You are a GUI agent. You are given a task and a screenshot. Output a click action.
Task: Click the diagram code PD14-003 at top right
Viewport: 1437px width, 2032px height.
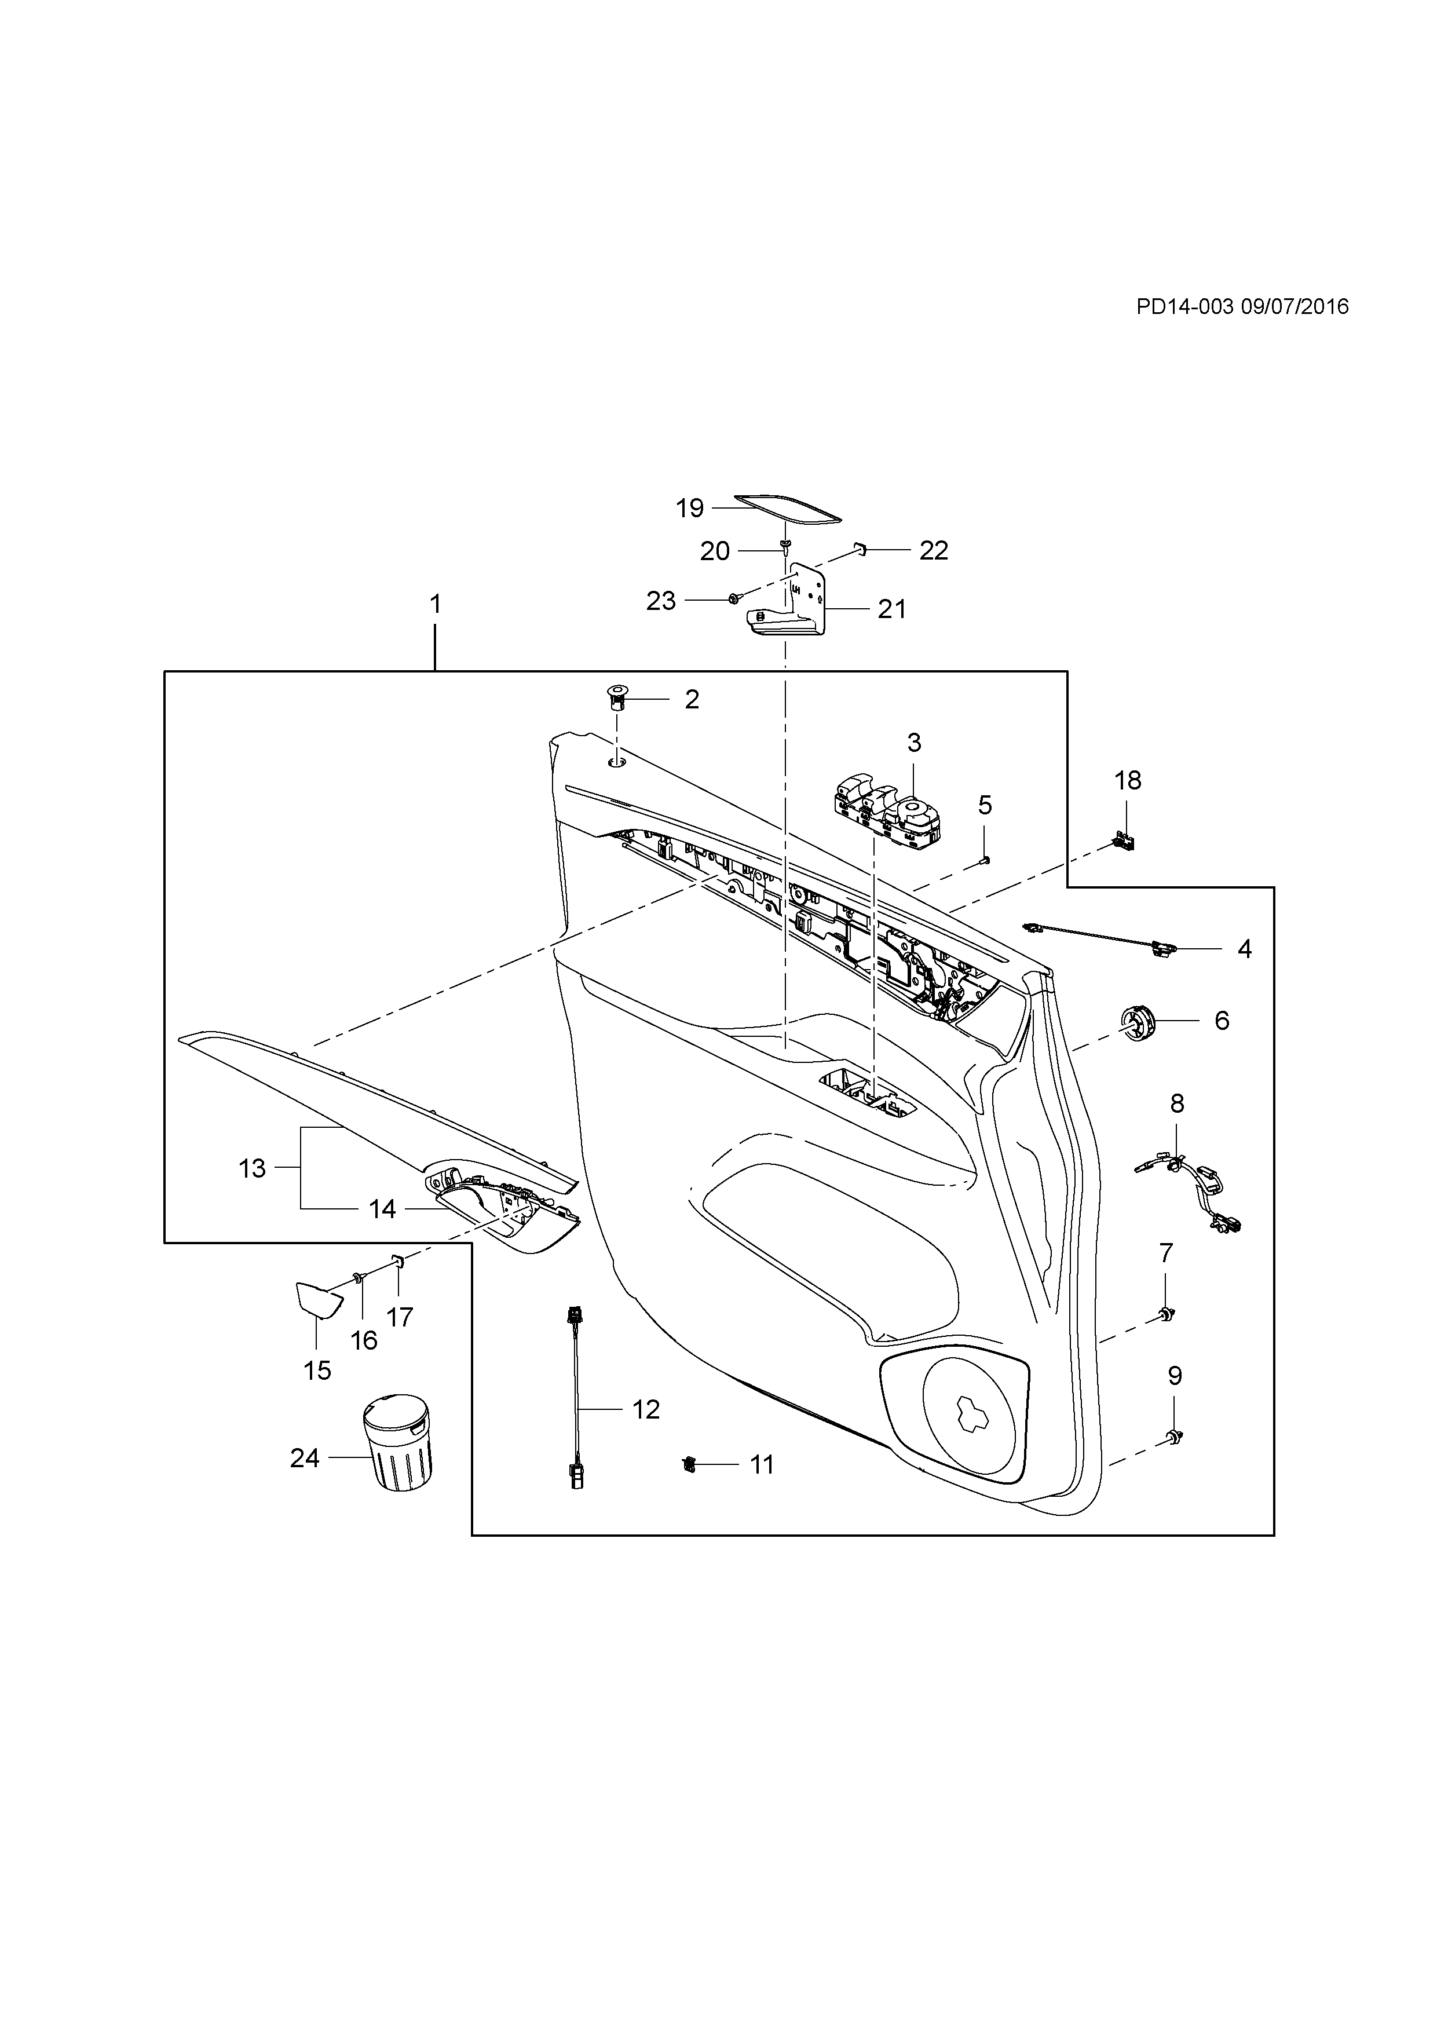pos(1184,306)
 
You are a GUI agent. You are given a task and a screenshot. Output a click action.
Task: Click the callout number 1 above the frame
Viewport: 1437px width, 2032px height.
pos(434,605)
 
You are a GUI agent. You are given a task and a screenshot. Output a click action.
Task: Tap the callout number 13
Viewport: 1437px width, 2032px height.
pos(252,1168)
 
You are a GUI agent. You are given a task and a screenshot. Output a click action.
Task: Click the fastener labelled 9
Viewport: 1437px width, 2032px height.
pos(1174,1435)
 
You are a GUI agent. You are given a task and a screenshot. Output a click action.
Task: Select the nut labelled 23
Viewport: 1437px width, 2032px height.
pos(733,599)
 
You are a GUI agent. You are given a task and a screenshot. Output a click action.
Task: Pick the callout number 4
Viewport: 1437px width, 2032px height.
pos(1244,949)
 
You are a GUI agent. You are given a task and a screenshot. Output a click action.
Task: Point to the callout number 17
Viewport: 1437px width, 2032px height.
pos(400,1317)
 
